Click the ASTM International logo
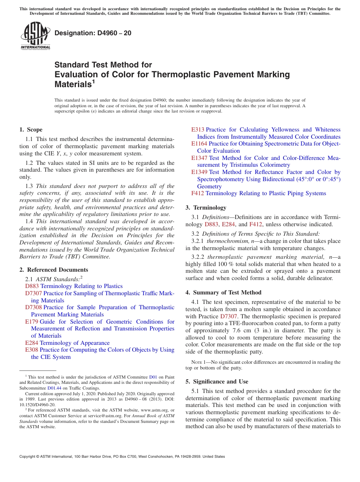35,36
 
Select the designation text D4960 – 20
93,33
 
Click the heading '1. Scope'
31,130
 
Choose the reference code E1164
199,144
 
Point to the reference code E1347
199,158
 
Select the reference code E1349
199,172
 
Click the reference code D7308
34,307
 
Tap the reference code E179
31,322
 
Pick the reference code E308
31,350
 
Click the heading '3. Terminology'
206,208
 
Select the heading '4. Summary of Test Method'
223,293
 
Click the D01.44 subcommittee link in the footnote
53,388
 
